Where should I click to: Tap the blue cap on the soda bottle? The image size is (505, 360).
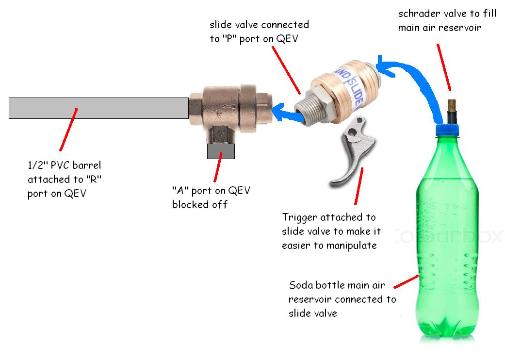(x=449, y=129)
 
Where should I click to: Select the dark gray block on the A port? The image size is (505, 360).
(x=221, y=151)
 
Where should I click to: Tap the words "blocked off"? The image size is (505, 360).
(x=199, y=204)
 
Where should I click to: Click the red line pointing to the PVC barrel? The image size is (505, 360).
(x=68, y=128)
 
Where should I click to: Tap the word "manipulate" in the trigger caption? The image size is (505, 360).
(x=353, y=245)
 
